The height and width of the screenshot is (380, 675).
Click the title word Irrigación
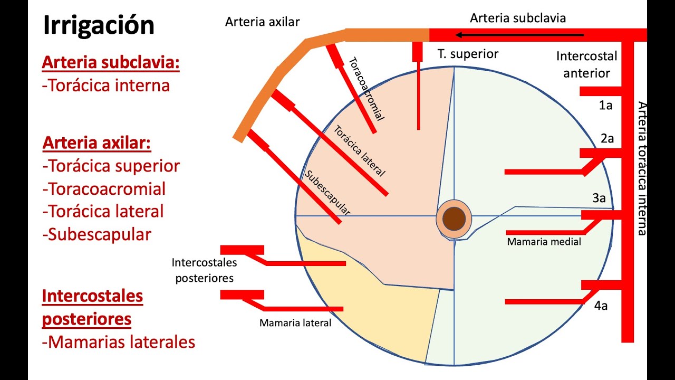coord(99,25)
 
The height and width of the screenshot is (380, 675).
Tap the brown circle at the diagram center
coord(453,218)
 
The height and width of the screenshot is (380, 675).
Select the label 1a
coord(605,106)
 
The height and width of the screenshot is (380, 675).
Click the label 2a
coord(607,139)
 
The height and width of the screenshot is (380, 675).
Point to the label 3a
coord(599,198)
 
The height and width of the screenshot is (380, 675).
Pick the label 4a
coord(601,305)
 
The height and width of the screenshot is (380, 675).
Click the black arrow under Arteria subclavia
coord(520,35)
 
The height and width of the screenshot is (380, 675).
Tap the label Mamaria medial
coord(544,242)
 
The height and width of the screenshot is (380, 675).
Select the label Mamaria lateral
coord(295,323)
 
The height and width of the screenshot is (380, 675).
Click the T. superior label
coord(468,53)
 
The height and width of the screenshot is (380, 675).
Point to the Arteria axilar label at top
coord(262,22)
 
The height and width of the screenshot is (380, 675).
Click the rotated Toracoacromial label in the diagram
coord(366,89)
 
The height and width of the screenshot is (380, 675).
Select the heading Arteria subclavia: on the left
coord(111,63)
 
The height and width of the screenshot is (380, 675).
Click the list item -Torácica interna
coord(106,85)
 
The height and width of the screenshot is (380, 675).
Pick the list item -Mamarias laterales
coord(119,342)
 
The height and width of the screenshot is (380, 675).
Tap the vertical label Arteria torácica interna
coord(641,168)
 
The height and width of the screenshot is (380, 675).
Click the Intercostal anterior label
coord(586,64)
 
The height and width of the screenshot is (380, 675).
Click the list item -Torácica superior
coord(111,166)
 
